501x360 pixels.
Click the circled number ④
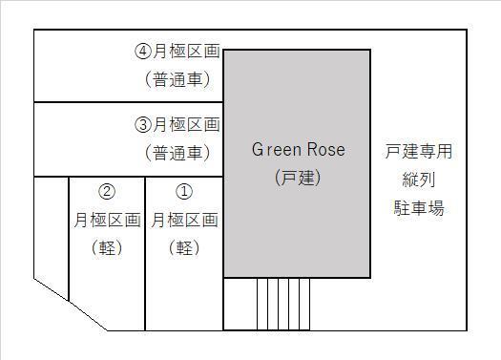click(143, 52)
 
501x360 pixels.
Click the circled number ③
click(143, 124)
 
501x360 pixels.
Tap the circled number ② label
click(107, 192)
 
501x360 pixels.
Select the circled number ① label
click(184, 192)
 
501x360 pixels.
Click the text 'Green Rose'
click(298, 150)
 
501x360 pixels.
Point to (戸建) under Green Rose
click(298, 178)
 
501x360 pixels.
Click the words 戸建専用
click(419, 151)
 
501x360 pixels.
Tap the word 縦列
click(419, 179)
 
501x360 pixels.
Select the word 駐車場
click(419, 207)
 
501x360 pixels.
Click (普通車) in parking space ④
click(177, 79)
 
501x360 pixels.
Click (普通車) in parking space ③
click(177, 152)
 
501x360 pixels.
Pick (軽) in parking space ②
click(107, 247)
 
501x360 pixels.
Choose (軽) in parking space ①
click(184, 247)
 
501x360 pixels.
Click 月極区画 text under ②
click(107, 220)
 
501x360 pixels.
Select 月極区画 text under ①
click(184, 220)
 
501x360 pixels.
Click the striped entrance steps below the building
click(283, 304)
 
